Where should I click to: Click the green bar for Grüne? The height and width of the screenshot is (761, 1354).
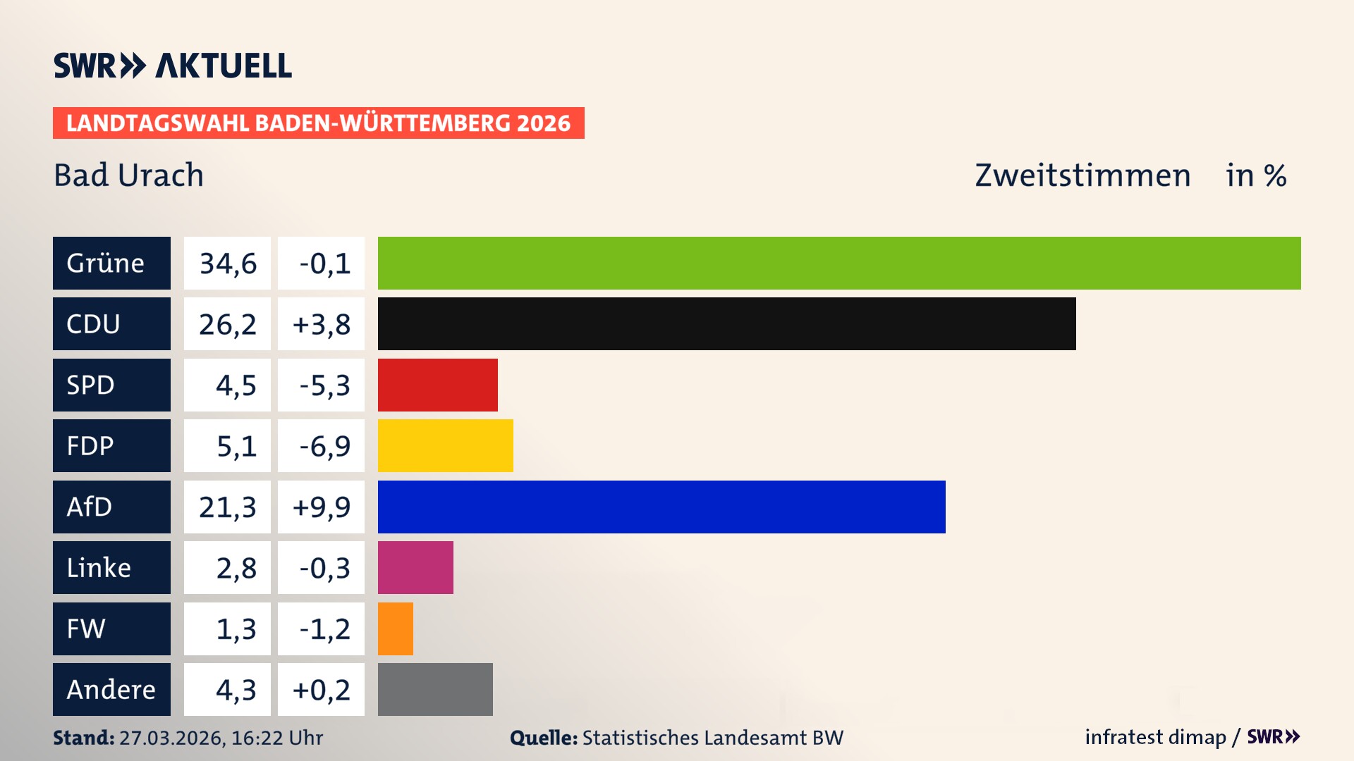pos(839,263)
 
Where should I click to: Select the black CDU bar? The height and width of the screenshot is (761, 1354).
pos(726,323)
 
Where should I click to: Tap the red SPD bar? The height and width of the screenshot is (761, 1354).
pos(437,385)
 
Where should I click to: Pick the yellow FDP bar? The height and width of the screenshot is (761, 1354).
pos(445,445)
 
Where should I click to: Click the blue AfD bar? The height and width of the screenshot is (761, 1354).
pos(661,507)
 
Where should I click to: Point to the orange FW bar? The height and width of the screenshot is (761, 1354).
pos(395,629)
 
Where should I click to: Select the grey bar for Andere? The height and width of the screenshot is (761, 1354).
pos(435,689)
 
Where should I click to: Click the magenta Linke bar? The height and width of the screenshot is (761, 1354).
pos(415,567)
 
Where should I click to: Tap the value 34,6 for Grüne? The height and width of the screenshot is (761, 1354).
pos(228,264)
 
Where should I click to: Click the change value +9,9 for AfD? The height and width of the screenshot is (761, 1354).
pos(322,507)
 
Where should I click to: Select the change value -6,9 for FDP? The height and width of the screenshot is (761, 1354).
pos(324,446)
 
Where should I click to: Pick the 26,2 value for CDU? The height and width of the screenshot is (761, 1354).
pos(228,324)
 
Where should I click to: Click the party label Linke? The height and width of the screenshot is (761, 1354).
pos(99,568)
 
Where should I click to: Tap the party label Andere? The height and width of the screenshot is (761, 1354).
pos(111,689)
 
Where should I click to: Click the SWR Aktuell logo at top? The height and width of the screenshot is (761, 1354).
pos(173,66)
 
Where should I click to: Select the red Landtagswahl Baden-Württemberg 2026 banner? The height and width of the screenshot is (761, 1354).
pos(318,123)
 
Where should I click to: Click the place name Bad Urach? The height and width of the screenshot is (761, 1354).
pos(128,175)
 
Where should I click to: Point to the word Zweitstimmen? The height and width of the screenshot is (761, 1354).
pos(1082,175)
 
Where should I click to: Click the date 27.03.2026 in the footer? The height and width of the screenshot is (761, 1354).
pos(171,738)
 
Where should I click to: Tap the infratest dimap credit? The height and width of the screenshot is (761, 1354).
pos(1155,737)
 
